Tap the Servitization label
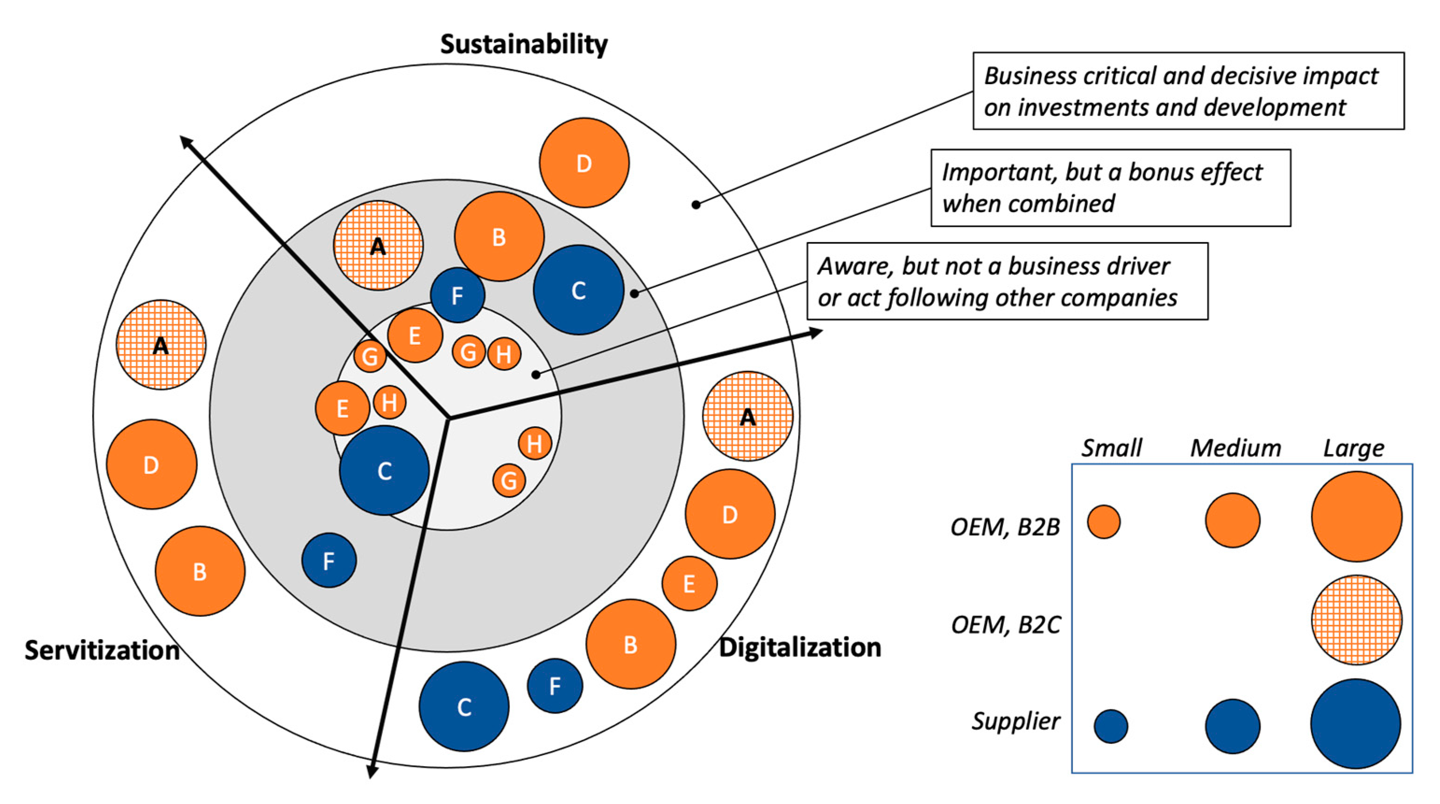tap(102, 650)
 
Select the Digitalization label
tap(799, 647)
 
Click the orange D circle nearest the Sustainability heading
tap(584, 163)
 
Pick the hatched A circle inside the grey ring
tap(378, 245)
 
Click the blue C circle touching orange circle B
tap(578, 290)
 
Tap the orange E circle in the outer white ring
tap(689, 583)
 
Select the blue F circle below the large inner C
tap(329, 560)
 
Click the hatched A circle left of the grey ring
tap(161, 344)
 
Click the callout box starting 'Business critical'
tap(1188, 91)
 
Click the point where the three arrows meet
tap(449, 417)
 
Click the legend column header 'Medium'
tap(1235, 448)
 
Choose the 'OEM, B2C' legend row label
tap(1006, 625)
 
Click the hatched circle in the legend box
tap(1355, 619)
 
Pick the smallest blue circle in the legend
tap(1110, 726)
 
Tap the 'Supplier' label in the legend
tap(1015, 721)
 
